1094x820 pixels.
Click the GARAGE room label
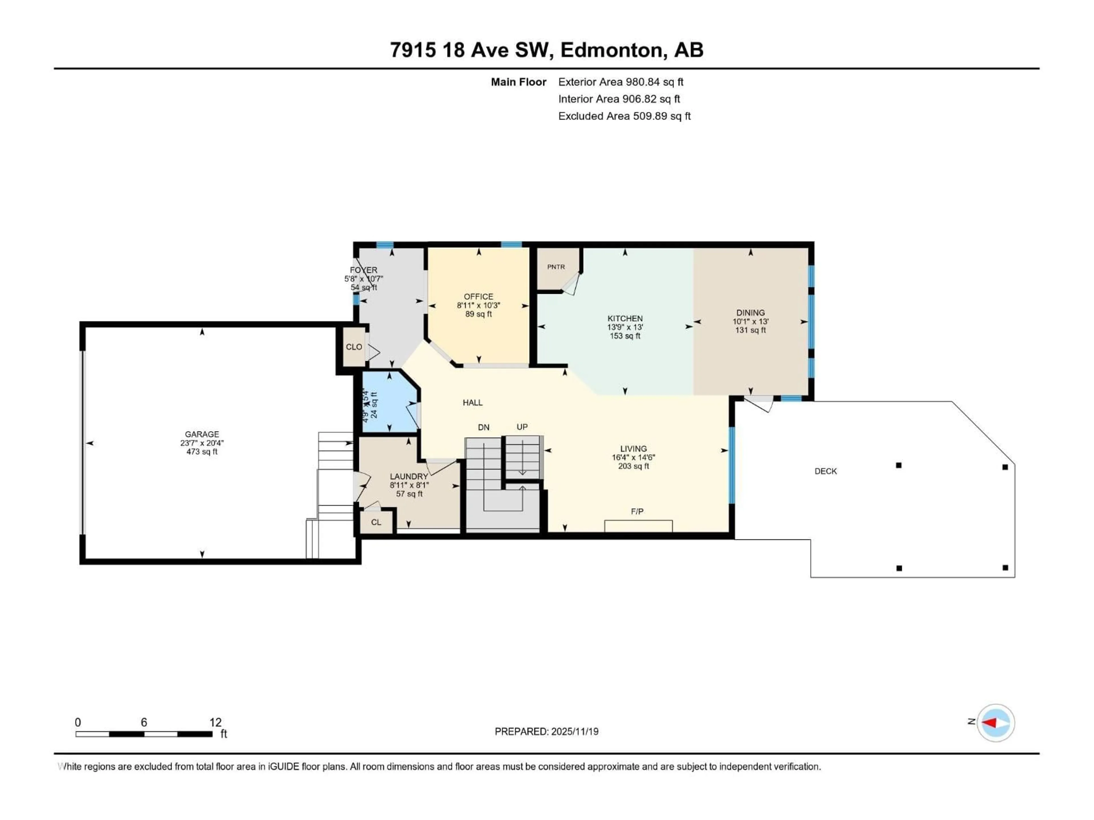(x=202, y=434)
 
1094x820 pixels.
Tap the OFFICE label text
(x=478, y=297)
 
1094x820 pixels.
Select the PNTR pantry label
(x=556, y=267)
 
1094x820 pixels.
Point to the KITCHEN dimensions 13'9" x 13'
(x=625, y=327)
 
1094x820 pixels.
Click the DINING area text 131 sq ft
(x=750, y=330)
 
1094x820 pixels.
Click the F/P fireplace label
(x=637, y=512)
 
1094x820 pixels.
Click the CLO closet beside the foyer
(x=354, y=347)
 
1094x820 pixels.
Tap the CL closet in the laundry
(x=376, y=522)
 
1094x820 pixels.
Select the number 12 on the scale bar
(x=215, y=723)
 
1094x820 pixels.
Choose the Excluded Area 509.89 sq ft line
(x=624, y=116)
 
